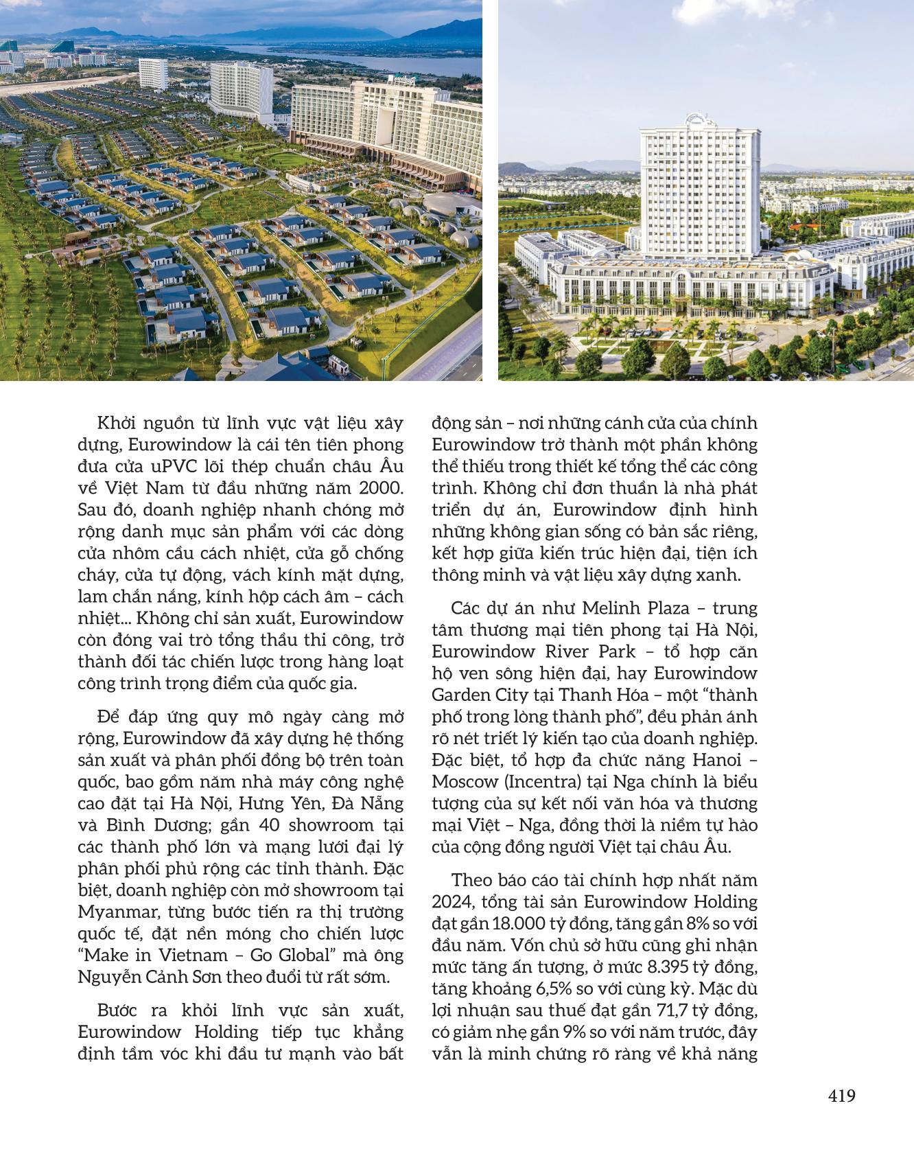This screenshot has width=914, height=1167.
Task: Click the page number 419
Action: coord(841,1096)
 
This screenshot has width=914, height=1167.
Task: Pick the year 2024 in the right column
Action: coord(449,901)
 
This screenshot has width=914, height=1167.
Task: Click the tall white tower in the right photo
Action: coord(700,185)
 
